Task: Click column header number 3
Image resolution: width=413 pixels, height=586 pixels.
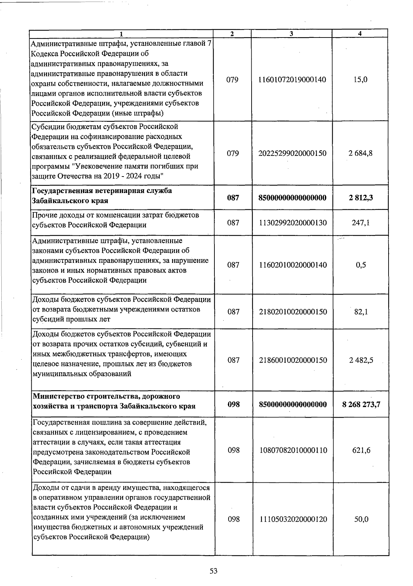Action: tap(292, 34)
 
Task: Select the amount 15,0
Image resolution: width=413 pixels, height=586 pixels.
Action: tap(360, 79)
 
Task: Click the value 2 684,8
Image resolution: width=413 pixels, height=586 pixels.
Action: tap(360, 153)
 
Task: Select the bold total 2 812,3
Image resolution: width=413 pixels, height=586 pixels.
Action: tap(360, 198)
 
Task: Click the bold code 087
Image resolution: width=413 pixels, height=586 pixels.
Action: tap(233, 198)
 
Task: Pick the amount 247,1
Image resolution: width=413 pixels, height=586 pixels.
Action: tap(360, 223)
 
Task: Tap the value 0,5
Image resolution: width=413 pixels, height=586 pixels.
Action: tap(361, 265)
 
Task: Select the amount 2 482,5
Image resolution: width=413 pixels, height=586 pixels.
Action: tap(361, 360)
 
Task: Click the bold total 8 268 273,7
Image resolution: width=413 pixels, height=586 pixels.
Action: tap(361, 404)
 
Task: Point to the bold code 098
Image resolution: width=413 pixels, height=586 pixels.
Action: tap(233, 404)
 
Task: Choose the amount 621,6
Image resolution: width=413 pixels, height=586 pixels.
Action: tap(361, 450)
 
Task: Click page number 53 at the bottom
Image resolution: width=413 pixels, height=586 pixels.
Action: tap(214, 571)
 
